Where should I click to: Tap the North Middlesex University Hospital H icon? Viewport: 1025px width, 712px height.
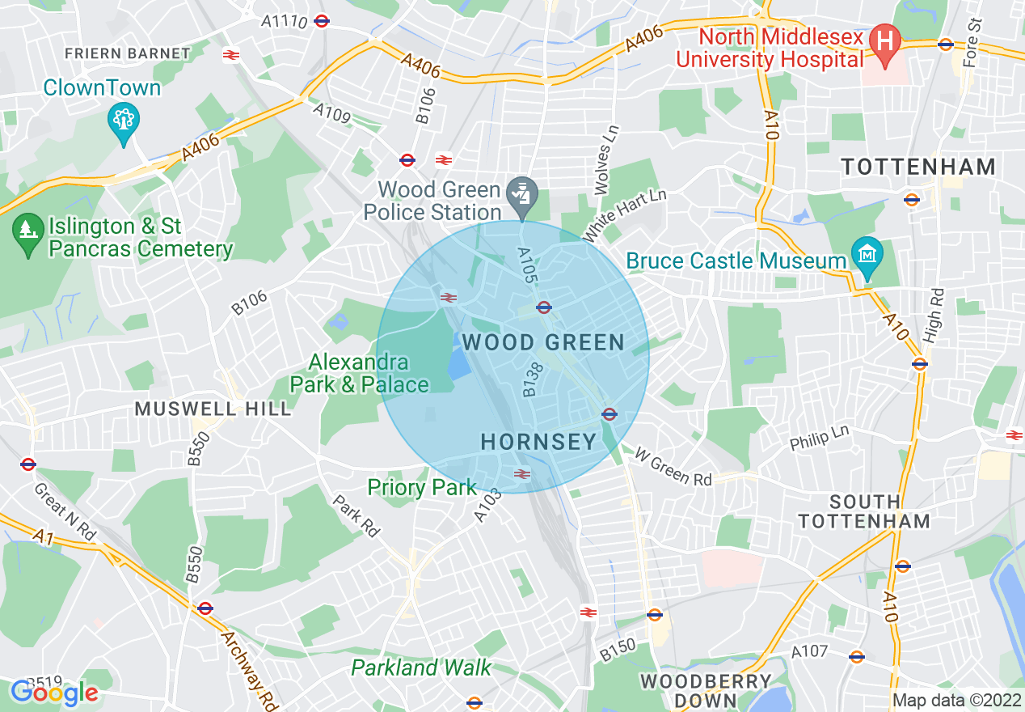pyautogui.click(x=885, y=39)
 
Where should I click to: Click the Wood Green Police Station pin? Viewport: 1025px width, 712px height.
pyautogui.click(x=522, y=194)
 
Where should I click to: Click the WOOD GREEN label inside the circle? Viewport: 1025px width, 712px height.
pyautogui.click(x=543, y=342)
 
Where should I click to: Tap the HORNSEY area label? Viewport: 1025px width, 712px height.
pyautogui.click(x=538, y=442)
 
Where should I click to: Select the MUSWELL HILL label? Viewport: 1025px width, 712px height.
pyautogui.click(x=213, y=409)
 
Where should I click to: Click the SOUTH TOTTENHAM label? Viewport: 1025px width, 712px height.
pyautogui.click(x=865, y=511)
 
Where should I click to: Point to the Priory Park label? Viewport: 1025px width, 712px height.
pyautogui.click(x=422, y=487)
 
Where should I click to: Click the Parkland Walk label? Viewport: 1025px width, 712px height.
pyautogui.click(x=421, y=667)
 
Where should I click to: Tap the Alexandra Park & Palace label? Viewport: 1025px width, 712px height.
pyautogui.click(x=359, y=373)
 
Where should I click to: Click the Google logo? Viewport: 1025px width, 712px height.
pyautogui.click(x=54, y=693)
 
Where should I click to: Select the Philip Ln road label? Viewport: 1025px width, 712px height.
pyautogui.click(x=819, y=438)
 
